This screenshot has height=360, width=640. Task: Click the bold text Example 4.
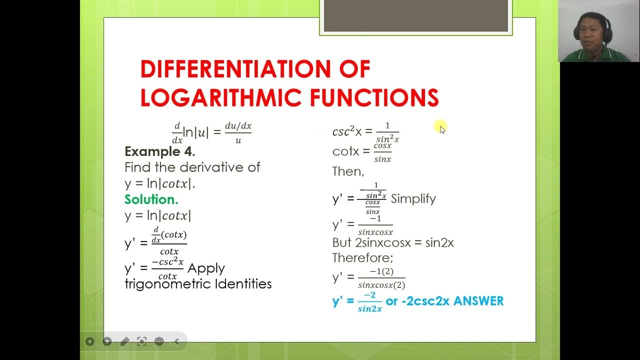(159, 151)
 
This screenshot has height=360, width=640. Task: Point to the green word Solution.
(151, 199)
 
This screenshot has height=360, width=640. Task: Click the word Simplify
(413, 198)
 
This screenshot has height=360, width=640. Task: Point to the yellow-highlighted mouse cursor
(440, 128)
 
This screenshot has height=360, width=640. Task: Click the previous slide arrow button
(89, 341)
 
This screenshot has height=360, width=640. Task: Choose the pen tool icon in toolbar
(124, 341)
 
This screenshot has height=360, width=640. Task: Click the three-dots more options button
(159, 341)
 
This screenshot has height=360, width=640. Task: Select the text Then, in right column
(348, 171)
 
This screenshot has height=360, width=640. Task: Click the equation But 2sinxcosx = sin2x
(392, 243)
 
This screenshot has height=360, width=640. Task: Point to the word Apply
(206, 268)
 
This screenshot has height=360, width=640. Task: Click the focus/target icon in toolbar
(142, 341)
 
